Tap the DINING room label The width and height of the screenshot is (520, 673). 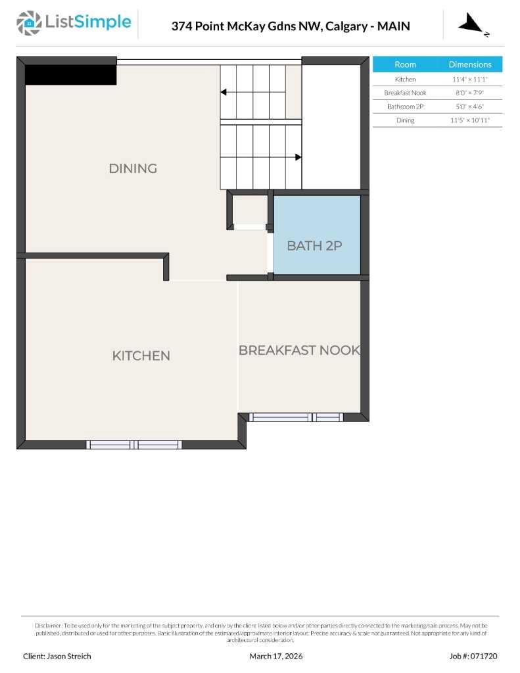133,168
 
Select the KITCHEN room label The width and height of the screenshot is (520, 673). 141,356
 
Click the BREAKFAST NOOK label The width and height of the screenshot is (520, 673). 299,350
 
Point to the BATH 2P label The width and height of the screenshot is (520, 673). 314,246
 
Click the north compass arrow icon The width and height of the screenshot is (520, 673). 472,25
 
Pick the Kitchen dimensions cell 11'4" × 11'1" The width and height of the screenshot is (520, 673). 470,79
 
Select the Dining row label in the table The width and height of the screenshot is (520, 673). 405,120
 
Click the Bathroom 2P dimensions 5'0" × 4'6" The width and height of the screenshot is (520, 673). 470,106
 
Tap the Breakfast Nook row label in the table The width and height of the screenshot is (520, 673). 405,93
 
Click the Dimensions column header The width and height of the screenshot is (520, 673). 470,64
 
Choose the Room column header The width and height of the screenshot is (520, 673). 405,64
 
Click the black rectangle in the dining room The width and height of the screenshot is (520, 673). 70,74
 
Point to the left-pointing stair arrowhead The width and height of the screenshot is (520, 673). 224,93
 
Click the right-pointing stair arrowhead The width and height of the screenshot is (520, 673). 298,157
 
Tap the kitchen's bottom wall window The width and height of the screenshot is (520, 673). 134,445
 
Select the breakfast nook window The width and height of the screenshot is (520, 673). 296,417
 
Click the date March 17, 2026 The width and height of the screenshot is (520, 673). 276,656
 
